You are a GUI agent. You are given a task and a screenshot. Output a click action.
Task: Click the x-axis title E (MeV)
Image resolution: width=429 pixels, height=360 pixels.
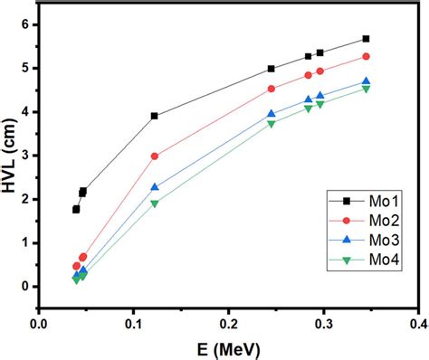pos(228,347)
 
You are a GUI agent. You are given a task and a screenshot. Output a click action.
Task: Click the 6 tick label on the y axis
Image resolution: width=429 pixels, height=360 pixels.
pos(24,24)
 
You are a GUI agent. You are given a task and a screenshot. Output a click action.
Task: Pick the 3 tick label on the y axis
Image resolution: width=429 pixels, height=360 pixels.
pos(24,156)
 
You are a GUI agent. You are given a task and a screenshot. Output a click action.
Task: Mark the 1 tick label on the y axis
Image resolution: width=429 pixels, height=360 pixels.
pos(24,242)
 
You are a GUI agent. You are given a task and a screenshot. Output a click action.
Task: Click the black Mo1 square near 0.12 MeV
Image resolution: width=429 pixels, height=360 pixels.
pos(155,116)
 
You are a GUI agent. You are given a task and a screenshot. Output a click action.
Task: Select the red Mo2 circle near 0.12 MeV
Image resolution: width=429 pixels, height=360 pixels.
pos(155,156)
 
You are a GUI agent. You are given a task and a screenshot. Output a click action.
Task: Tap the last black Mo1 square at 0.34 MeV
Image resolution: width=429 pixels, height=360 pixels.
pos(366,39)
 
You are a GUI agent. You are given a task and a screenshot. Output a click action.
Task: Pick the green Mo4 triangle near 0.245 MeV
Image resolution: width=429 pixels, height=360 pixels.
pos(272,123)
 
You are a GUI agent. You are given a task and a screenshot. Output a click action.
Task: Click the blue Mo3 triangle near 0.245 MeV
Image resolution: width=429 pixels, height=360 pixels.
pos(272,114)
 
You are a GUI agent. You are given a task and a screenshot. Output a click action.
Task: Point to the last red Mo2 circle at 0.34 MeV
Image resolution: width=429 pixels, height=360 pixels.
pos(366,56)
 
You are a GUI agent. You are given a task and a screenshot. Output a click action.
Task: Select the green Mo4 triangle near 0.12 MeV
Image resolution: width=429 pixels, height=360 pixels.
pos(155,204)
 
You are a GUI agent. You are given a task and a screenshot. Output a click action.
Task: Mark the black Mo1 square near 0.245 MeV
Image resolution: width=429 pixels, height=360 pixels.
pos(272,69)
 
